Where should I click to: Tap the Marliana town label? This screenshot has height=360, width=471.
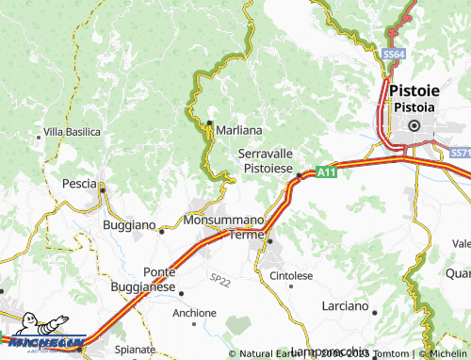tap(238, 128)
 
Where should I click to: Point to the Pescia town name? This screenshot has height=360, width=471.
tap(79, 183)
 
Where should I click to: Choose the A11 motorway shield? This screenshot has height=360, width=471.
tap(326, 172)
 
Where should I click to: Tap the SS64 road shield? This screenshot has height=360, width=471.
tap(395, 56)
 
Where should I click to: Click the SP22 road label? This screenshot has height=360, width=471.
tap(219, 280)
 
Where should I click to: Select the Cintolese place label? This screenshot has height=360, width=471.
tap(291, 275)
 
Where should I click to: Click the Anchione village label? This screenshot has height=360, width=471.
tap(195, 312)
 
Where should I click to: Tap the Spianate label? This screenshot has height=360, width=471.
tap(135, 348)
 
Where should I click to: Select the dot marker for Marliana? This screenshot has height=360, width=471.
tap(209, 123)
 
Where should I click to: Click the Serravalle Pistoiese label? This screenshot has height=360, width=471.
tap(269, 159)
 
